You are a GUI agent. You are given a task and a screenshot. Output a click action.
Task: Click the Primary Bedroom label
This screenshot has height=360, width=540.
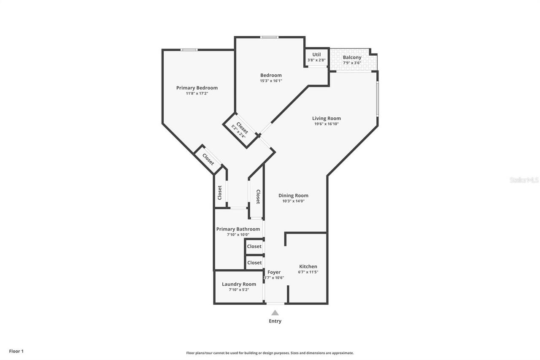click(197, 88)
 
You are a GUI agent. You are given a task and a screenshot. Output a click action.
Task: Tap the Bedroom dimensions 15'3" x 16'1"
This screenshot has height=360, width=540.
click(271, 81)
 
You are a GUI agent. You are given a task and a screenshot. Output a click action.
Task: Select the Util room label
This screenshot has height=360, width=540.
click(316, 54)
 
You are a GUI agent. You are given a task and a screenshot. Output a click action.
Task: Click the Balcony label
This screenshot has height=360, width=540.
click(352, 57)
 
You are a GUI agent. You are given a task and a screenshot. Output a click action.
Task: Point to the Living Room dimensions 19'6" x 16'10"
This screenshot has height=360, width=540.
click(326, 124)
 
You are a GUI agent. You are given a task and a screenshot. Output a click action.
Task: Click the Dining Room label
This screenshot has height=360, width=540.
click(293, 195)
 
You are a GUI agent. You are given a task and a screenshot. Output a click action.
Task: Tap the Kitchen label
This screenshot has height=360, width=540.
click(308, 266)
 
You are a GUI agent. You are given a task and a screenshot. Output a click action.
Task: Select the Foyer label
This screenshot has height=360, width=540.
click(274, 272)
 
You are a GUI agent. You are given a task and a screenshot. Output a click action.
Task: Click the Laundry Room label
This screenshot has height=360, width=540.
click(239, 284)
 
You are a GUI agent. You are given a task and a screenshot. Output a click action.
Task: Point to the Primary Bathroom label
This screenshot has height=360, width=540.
click(238, 229)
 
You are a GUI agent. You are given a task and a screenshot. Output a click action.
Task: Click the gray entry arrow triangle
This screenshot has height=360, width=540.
click(275, 313)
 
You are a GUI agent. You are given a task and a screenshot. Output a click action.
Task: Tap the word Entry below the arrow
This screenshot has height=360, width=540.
click(275, 321)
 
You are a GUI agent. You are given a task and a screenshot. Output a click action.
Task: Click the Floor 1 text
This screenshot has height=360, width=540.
click(16, 351)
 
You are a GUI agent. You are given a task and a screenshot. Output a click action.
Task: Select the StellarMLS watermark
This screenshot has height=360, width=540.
click(524, 180)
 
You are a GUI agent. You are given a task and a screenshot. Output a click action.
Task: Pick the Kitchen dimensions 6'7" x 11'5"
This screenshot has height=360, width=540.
click(308, 272)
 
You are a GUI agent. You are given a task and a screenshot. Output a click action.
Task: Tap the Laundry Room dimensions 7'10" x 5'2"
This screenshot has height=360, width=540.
click(239, 290)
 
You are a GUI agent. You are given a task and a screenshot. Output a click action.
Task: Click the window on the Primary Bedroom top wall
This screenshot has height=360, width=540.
click(189, 50)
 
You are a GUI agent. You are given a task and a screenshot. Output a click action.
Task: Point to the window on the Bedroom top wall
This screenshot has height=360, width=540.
click(269, 37)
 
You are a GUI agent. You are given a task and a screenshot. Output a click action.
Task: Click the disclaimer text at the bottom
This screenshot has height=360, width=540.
click(270, 353)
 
